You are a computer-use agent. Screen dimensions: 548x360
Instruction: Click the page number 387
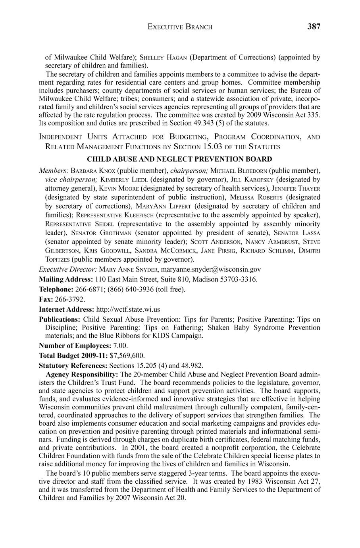313,27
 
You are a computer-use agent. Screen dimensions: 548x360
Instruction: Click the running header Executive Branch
180,27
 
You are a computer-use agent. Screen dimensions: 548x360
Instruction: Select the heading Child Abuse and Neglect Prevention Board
179,159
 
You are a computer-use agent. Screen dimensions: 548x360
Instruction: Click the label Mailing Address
66,279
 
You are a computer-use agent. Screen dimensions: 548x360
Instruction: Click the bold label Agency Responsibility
82,374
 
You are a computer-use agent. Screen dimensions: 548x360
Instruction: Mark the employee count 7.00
118,345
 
